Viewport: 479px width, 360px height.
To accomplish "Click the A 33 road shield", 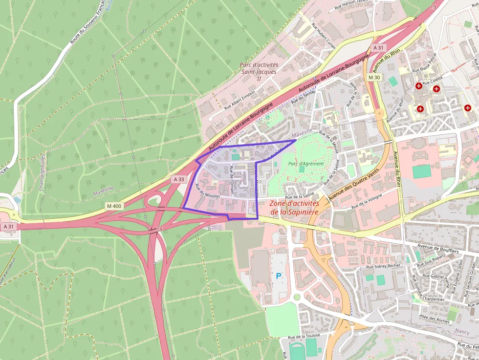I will click(179, 179).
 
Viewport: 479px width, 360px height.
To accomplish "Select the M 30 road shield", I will click(374, 78).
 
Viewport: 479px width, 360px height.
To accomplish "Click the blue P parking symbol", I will click(279, 276).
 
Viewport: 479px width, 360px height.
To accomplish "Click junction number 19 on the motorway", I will click(433, 7).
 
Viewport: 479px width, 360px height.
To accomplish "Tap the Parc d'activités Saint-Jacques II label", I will click(259, 71).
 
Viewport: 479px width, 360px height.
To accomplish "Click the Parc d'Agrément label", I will click(306, 164).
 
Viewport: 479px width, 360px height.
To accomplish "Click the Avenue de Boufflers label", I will click(438, 248).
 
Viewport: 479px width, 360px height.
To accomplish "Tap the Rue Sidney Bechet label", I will click(383, 266).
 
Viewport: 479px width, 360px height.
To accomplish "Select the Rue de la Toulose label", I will click(304, 337).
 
